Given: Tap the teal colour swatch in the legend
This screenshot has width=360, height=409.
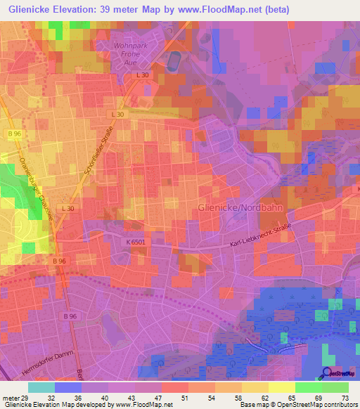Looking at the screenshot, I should click(41, 387).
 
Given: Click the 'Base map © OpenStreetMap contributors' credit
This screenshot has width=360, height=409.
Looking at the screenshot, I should click(296, 405).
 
